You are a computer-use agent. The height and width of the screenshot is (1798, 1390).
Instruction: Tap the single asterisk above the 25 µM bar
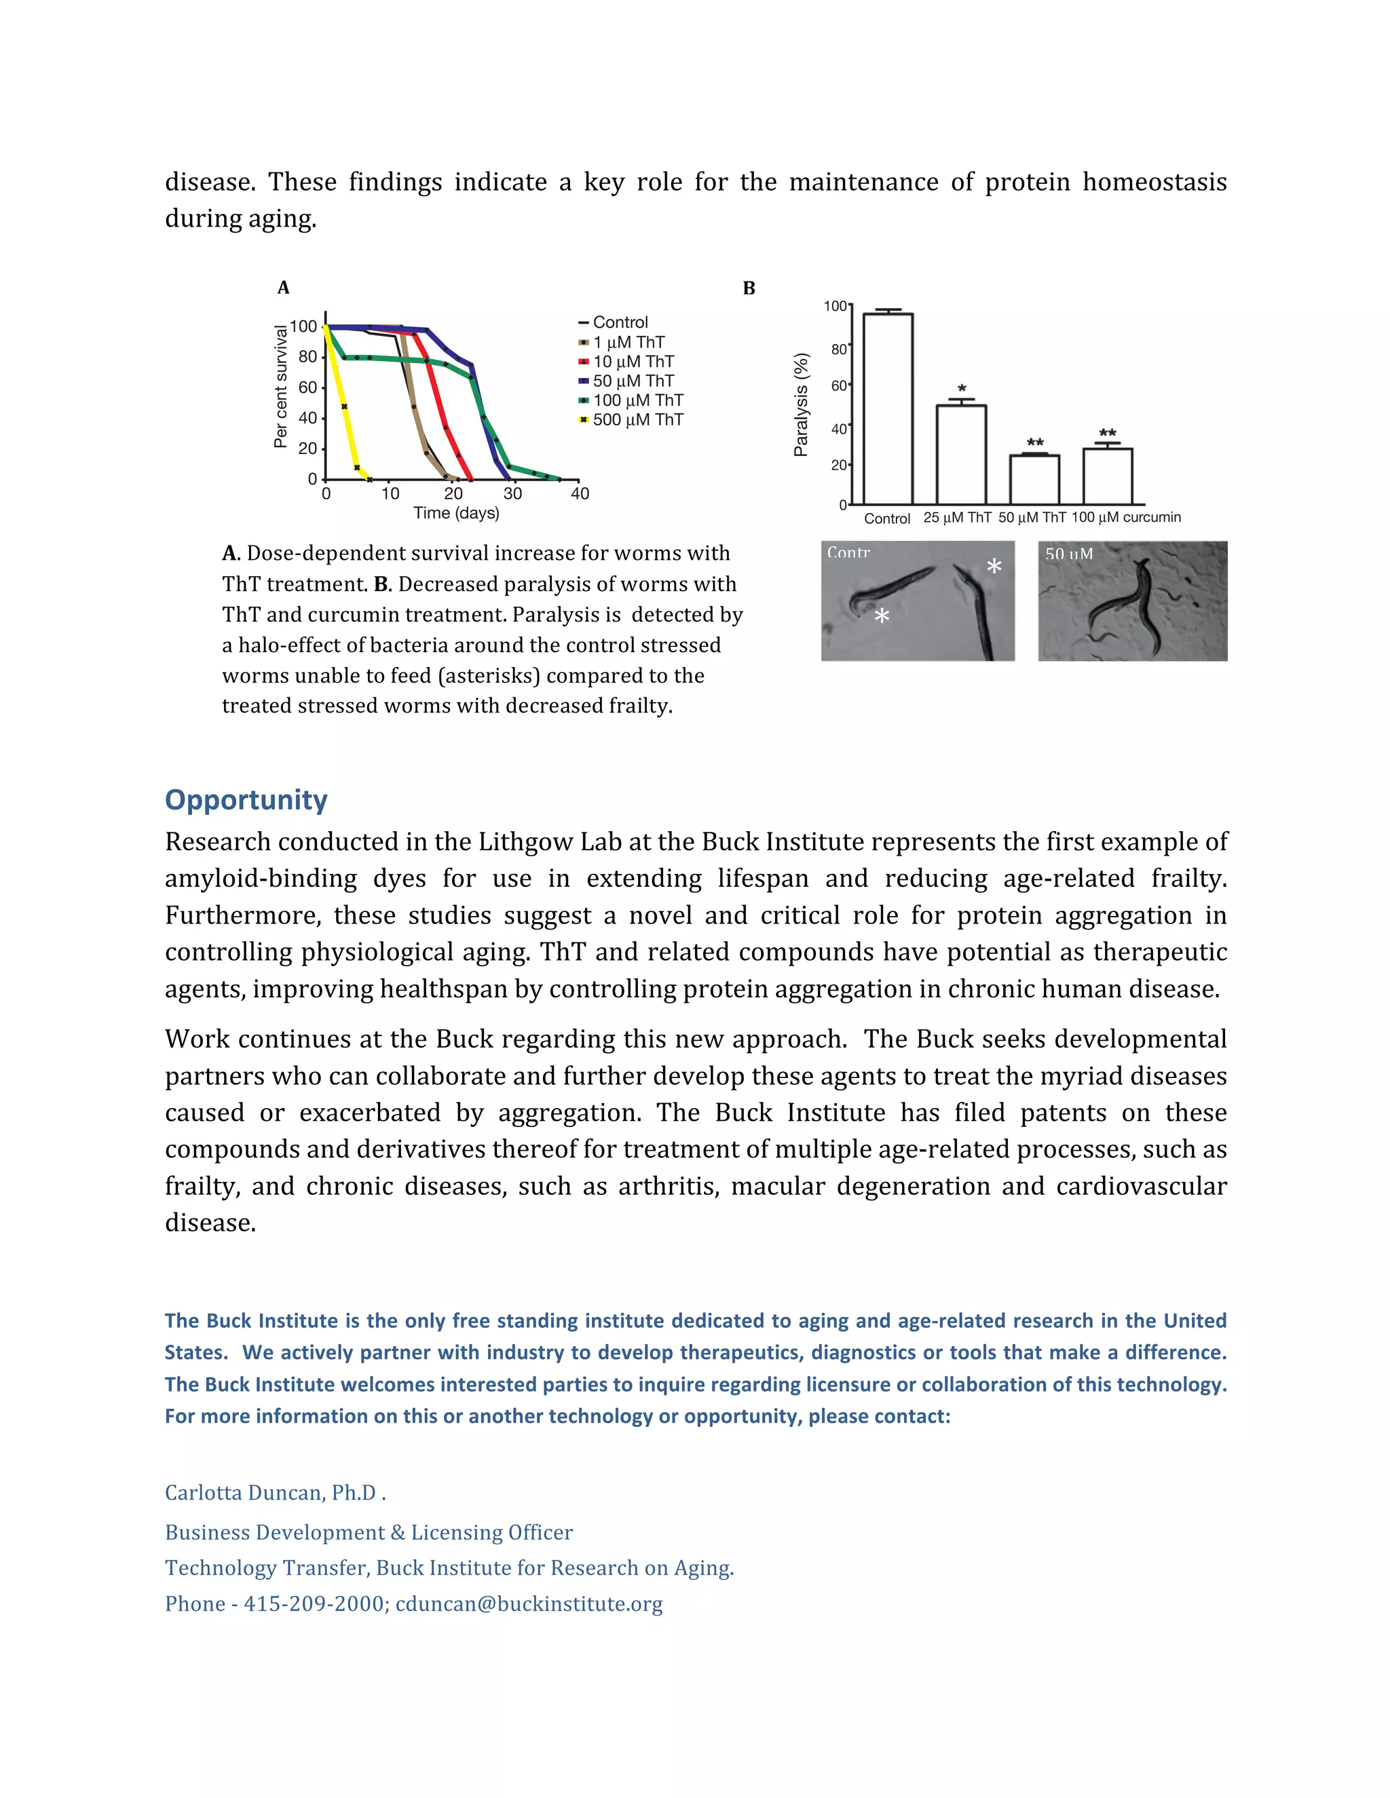pyautogui.click(x=962, y=389)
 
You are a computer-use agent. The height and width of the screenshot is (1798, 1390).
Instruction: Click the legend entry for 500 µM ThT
pyautogui.click(x=637, y=420)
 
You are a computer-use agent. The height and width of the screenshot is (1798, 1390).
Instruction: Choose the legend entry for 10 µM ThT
pyautogui.click(x=633, y=362)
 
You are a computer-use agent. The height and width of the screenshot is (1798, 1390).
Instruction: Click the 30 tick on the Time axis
pyautogui.click(x=512, y=494)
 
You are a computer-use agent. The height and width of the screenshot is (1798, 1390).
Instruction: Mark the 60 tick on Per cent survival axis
pyautogui.click(x=307, y=387)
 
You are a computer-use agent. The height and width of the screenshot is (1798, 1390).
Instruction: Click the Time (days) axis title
pyautogui.click(x=456, y=513)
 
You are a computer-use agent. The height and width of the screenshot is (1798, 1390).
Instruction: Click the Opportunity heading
pyautogui.click(x=246, y=799)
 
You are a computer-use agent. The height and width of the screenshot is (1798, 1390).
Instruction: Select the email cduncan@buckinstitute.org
pyautogui.click(x=529, y=1604)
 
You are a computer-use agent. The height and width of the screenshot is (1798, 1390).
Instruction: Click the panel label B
pyautogui.click(x=749, y=288)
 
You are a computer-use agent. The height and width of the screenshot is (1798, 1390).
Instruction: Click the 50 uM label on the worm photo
pyautogui.click(x=1069, y=554)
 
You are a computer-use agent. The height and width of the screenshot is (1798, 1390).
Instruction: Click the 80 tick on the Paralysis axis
pyautogui.click(x=838, y=349)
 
